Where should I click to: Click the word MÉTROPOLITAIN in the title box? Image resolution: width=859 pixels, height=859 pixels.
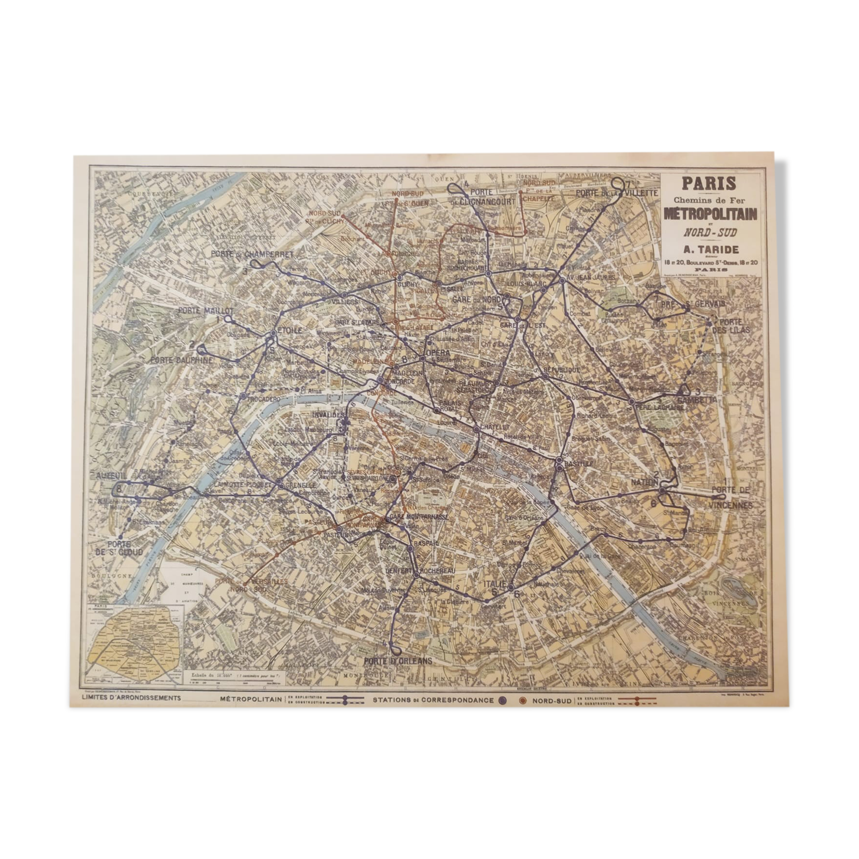pyautogui.click(x=710, y=214)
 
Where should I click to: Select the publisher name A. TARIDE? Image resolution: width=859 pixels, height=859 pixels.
pyautogui.click(x=710, y=249)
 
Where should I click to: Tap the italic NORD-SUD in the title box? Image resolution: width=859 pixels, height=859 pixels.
pyautogui.click(x=710, y=232)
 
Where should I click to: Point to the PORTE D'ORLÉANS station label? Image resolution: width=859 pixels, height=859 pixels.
pyautogui.click(x=398, y=660)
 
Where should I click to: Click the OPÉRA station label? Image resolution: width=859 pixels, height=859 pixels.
pyautogui.click(x=437, y=353)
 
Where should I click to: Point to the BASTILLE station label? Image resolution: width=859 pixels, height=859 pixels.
pyautogui.click(x=578, y=464)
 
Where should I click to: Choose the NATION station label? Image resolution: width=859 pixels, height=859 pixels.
pyautogui.click(x=644, y=482)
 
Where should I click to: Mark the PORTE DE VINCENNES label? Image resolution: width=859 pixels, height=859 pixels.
pyautogui.click(x=731, y=498)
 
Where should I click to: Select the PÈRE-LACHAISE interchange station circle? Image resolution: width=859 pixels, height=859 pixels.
pyautogui.click(x=631, y=401)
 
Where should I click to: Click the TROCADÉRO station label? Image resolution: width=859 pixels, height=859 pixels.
pyautogui.click(x=263, y=399)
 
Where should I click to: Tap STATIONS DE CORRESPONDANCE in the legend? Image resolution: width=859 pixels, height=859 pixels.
pyautogui.click(x=433, y=700)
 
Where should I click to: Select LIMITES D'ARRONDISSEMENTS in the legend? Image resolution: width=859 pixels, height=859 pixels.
pyautogui.click(x=133, y=698)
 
